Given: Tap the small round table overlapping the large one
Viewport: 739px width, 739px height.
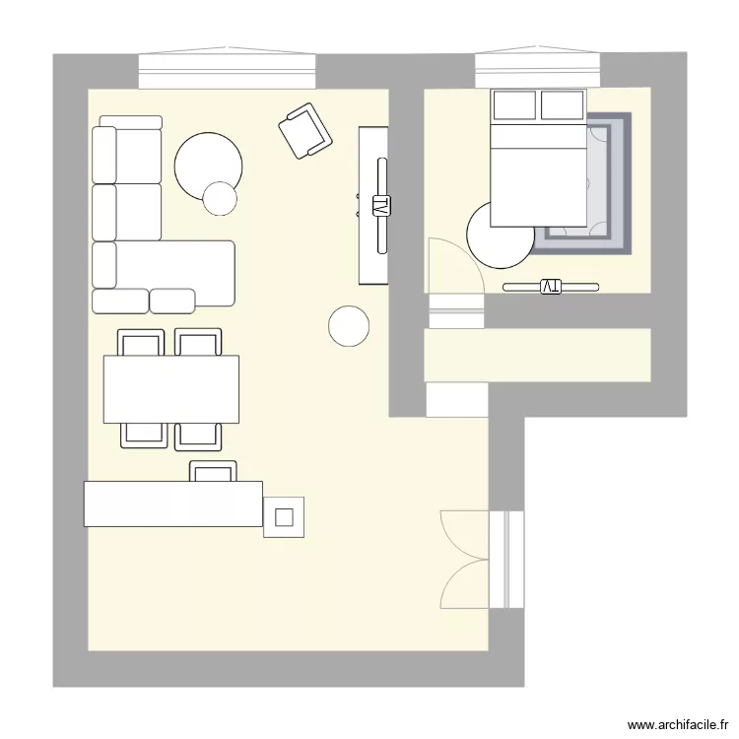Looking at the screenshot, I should click(x=221, y=198).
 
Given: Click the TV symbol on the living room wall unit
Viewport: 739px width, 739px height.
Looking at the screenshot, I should click(x=380, y=206).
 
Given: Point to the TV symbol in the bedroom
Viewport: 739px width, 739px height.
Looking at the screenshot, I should click(x=550, y=287).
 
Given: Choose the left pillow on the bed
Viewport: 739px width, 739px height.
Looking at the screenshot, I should click(x=513, y=104).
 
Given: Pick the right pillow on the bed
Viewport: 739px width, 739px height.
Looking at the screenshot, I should click(x=562, y=104).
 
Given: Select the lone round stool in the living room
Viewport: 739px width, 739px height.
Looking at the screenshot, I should click(x=349, y=326).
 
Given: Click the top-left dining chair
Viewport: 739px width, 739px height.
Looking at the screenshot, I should click(x=141, y=343).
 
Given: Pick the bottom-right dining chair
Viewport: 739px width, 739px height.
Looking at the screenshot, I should click(x=198, y=435).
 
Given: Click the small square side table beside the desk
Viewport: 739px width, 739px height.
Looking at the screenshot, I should click(x=284, y=516).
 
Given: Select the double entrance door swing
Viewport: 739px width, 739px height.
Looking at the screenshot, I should click(x=465, y=559).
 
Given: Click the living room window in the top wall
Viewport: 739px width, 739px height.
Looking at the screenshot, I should click(x=228, y=71).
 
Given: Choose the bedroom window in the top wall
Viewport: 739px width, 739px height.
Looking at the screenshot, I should click(x=537, y=71).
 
